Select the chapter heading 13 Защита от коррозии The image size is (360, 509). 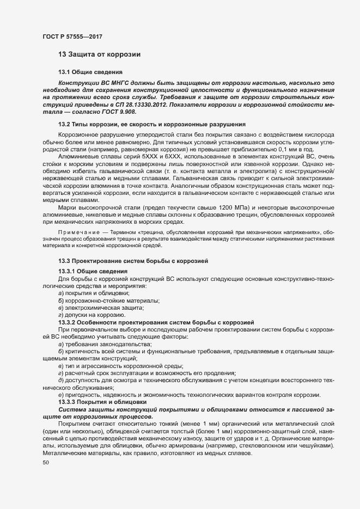[100, 54]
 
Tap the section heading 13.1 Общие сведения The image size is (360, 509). [90, 72]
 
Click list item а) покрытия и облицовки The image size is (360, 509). [94, 293]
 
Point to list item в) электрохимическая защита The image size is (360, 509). [101, 308]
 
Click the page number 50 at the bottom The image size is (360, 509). [45, 463]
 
